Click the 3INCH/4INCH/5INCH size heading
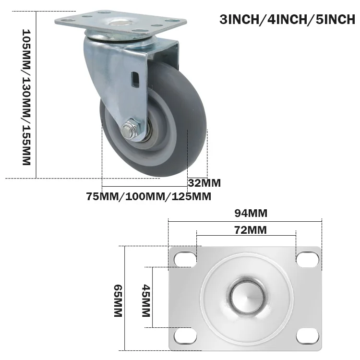tap(287, 20)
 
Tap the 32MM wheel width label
tap(204, 183)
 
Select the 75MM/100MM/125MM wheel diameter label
tap(149, 196)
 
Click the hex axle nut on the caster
tap(128, 130)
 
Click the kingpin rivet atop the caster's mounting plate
tap(118, 23)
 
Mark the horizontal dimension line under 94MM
tap(245, 221)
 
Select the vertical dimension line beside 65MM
tap(125, 298)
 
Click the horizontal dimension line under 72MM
tap(245, 236)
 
